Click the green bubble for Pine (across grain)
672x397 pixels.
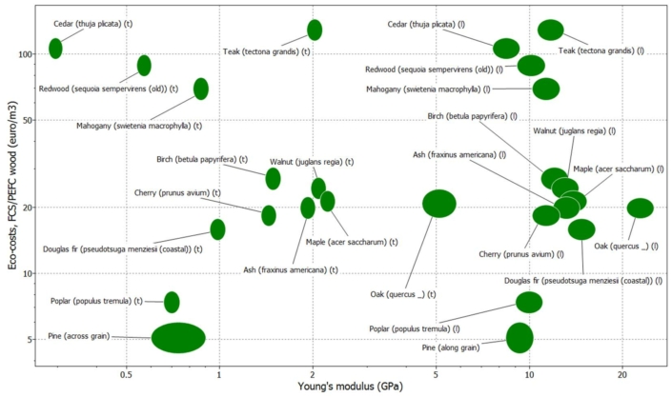click(178, 338)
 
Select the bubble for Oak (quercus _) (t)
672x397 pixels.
click(439, 204)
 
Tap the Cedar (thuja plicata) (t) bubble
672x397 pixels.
click(55, 49)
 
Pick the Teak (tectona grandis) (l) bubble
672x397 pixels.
click(551, 30)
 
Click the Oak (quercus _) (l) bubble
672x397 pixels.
click(641, 208)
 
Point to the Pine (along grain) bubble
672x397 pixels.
click(519, 338)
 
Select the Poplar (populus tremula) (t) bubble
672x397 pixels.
click(172, 302)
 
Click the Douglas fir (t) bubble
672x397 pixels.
click(217, 229)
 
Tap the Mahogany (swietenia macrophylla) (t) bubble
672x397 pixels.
click(201, 89)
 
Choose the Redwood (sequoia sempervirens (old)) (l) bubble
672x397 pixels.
click(531, 66)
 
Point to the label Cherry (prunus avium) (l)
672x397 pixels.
click(516, 254)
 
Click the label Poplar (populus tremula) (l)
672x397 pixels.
click(423, 328)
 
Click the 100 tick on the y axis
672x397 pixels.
click(26, 53)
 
